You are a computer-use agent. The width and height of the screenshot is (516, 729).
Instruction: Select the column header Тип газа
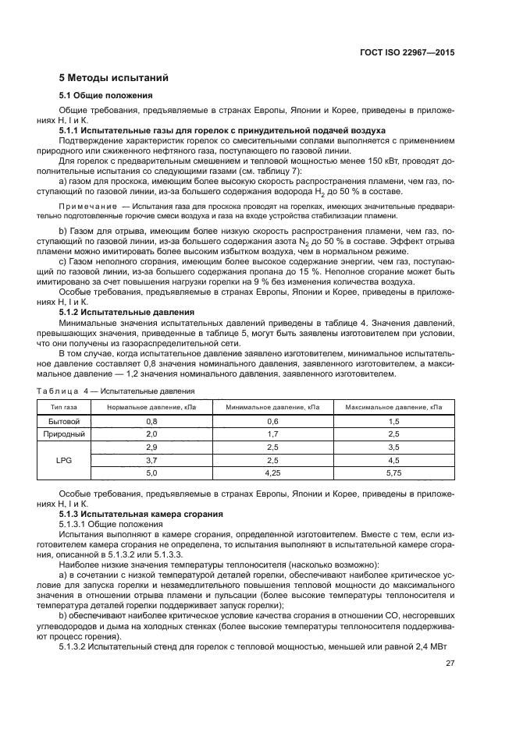[65, 407]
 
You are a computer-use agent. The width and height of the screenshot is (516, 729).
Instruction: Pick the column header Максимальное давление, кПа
[393, 407]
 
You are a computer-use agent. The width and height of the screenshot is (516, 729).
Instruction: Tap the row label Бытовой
[65, 420]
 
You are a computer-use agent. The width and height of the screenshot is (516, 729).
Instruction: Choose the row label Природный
[65, 434]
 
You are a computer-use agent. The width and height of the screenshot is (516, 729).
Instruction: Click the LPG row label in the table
[65, 460]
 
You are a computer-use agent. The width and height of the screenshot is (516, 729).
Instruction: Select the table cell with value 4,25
[272, 473]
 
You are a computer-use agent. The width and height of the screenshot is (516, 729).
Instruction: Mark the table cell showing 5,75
[393, 473]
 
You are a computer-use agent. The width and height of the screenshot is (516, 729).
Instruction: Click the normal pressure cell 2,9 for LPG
[151, 447]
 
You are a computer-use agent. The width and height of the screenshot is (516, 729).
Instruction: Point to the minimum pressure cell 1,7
[272, 434]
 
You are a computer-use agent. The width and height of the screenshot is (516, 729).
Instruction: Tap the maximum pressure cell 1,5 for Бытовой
[393, 420]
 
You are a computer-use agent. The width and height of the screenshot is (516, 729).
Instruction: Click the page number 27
[450, 664]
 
